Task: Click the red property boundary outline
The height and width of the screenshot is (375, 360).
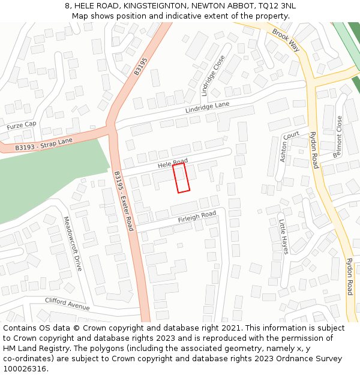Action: tap(182, 178)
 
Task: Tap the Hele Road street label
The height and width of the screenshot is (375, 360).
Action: tap(173, 163)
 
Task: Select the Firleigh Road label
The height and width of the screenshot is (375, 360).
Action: tap(197, 217)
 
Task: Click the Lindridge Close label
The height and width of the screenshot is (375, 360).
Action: tap(213, 76)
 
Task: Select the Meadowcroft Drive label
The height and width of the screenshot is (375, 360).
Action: tap(72, 244)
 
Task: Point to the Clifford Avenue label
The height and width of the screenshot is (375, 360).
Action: tap(67, 304)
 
